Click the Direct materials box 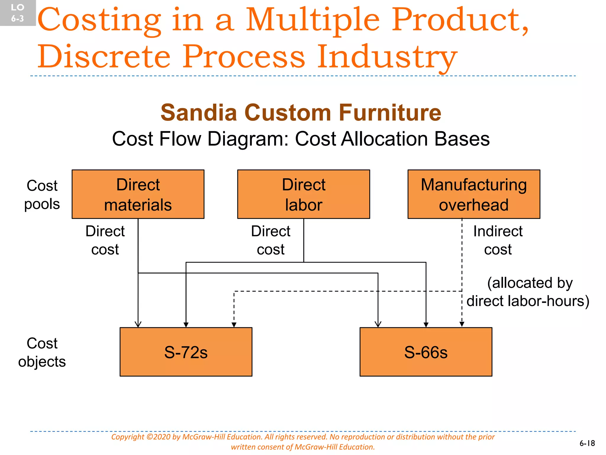tap(138, 194)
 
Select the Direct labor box tap(304, 194)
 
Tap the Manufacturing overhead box tap(474, 194)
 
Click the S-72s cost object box tap(186, 352)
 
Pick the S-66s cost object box tap(426, 352)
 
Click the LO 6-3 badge tap(17, 13)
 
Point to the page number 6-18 tap(587, 443)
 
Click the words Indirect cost tap(498, 240)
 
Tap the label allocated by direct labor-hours tap(528, 292)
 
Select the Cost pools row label tap(42, 195)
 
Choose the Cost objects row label tap(42, 353)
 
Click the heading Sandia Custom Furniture tap(301, 113)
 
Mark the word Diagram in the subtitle tap(247, 139)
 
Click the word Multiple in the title tap(312, 20)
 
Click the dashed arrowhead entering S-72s tap(234, 325)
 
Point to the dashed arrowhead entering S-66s tap(462, 324)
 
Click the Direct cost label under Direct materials tap(105, 240)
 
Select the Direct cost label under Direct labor tap(270, 240)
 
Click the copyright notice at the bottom tap(303, 442)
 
